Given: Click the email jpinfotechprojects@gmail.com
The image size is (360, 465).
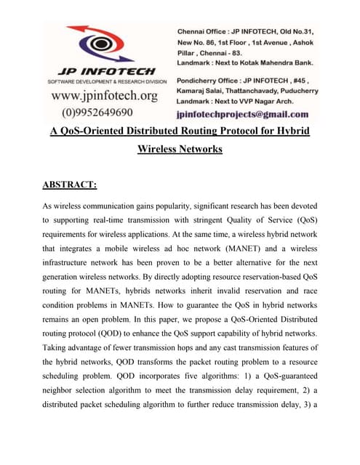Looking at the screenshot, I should tap(242, 114).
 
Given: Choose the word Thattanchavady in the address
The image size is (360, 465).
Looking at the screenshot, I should tap(241, 92).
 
